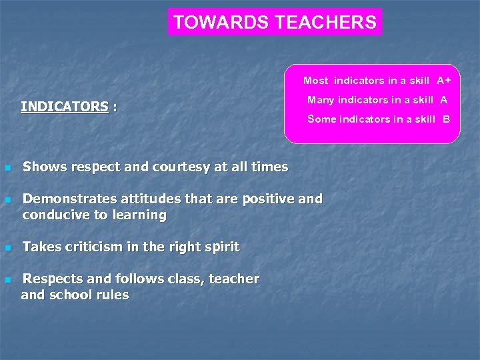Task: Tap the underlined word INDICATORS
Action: tap(64, 107)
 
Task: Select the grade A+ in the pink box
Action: tap(444, 81)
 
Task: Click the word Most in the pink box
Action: tap(316, 81)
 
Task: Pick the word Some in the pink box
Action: tap(321, 119)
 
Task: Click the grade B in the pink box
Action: tap(446, 119)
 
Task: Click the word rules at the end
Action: tap(111, 295)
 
